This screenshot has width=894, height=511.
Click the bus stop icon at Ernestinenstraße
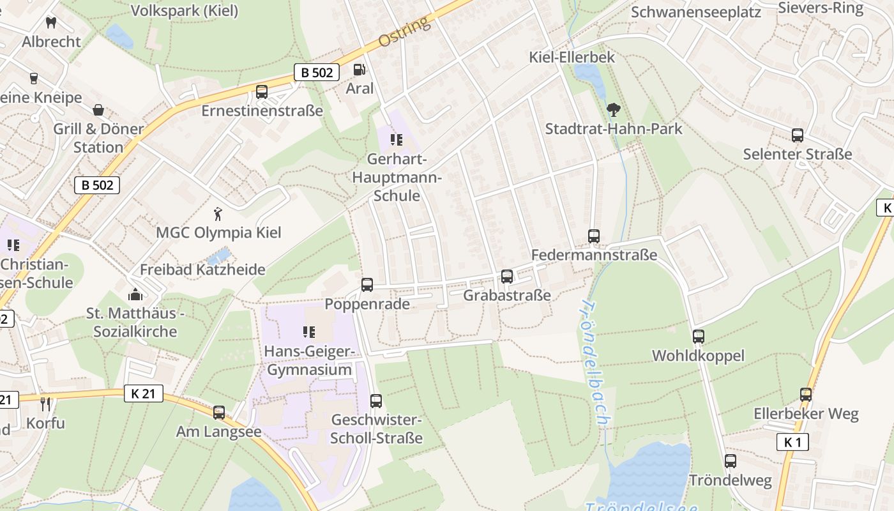pyautogui.click(x=262, y=92)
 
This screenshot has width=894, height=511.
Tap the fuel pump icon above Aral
pyautogui.click(x=360, y=70)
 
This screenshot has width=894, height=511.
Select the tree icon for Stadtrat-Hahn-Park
pyautogui.click(x=613, y=110)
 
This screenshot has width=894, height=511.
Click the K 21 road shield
pyautogui.click(x=144, y=393)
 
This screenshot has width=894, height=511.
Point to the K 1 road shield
pyautogui.click(x=792, y=442)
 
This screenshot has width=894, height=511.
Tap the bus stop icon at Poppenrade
pyautogui.click(x=367, y=285)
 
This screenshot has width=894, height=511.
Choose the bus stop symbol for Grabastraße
pyautogui.click(x=507, y=277)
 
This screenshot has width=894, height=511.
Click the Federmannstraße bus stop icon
pyautogui.click(x=594, y=236)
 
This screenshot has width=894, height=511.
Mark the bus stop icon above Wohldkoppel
pyautogui.click(x=699, y=337)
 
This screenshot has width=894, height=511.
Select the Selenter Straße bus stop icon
pyautogui.click(x=798, y=135)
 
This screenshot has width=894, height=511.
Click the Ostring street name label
pyautogui.click(x=404, y=32)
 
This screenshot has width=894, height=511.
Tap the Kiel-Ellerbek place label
pyautogui.click(x=572, y=57)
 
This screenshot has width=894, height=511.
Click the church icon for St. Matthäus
pyautogui.click(x=135, y=294)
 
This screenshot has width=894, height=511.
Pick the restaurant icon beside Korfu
pyautogui.click(x=45, y=404)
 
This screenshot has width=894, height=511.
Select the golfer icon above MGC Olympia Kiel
pyautogui.click(x=218, y=213)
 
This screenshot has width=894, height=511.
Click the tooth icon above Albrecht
pyautogui.click(x=52, y=23)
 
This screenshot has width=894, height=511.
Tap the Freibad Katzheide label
pyautogui.click(x=202, y=270)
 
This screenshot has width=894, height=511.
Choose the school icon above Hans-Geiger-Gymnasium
pyautogui.click(x=309, y=332)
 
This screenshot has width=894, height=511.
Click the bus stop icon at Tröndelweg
pyautogui.click(x=731, y=461)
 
